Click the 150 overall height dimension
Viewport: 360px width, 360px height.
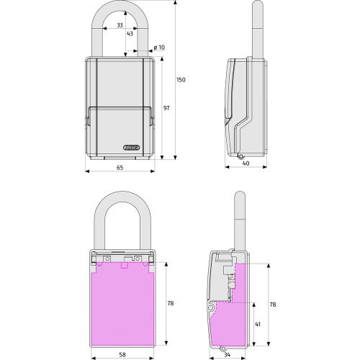(181, 80)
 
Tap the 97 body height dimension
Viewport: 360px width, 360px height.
(166, 108)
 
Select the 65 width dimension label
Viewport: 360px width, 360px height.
(120, 168)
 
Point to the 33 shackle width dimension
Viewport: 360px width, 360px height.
(120, 25)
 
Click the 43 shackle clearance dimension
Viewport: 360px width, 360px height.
(130, 34)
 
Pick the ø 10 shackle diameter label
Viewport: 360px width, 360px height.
(159, 48)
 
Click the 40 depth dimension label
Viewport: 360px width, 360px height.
(246, 163)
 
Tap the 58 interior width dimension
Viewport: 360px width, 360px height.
(122, 355)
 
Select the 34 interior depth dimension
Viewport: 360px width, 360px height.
(227, 355)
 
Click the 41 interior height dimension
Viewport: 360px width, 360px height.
(258, 324)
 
